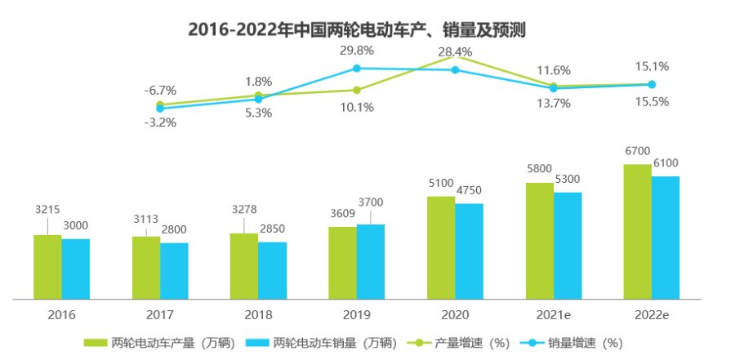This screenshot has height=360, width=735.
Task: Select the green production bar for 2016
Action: tap(47, 267)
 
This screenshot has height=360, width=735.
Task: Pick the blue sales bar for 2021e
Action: tap(568, 245)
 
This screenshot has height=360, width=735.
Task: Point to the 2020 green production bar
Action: tap(441, 247)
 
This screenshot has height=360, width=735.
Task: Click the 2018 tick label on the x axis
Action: tap(258, 314)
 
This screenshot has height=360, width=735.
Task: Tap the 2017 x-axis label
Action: tap(160, 314)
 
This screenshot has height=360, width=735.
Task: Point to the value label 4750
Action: tap(469, 190)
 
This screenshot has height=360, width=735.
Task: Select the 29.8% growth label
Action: tap(356, 51)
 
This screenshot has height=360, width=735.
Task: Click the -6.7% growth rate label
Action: tap(160, 91)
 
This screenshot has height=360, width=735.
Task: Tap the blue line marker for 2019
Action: tap(357, 68)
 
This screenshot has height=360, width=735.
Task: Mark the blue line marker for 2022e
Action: tap(652, 84)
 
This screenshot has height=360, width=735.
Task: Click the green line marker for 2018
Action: tap(258, 96)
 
